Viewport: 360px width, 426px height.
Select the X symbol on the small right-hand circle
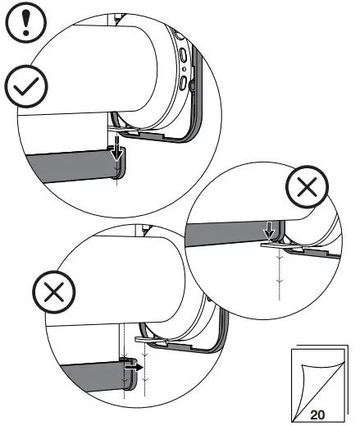(307, 192)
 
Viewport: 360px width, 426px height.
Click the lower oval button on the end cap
(184, 86)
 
